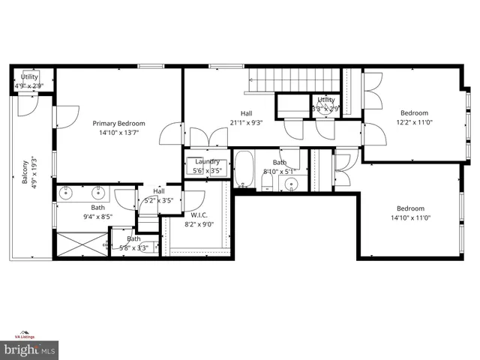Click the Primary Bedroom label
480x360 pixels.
[x=118, y=123]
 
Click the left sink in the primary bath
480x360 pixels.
[x=67, y=193]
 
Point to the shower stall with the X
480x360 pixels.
[x=81, y=244]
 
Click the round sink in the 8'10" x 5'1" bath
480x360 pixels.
[x=292, y=184]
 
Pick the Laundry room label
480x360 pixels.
[x=206, y=161]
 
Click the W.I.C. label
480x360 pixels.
[x=199, y=214]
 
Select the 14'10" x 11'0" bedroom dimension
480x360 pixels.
[x=410, y=218]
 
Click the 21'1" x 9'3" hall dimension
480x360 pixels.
[x=246, y=122]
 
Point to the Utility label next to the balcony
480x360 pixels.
[x=29, y=76]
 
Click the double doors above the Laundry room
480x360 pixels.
[x=208, y=138]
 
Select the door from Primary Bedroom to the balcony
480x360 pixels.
[x=64, y=116]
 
